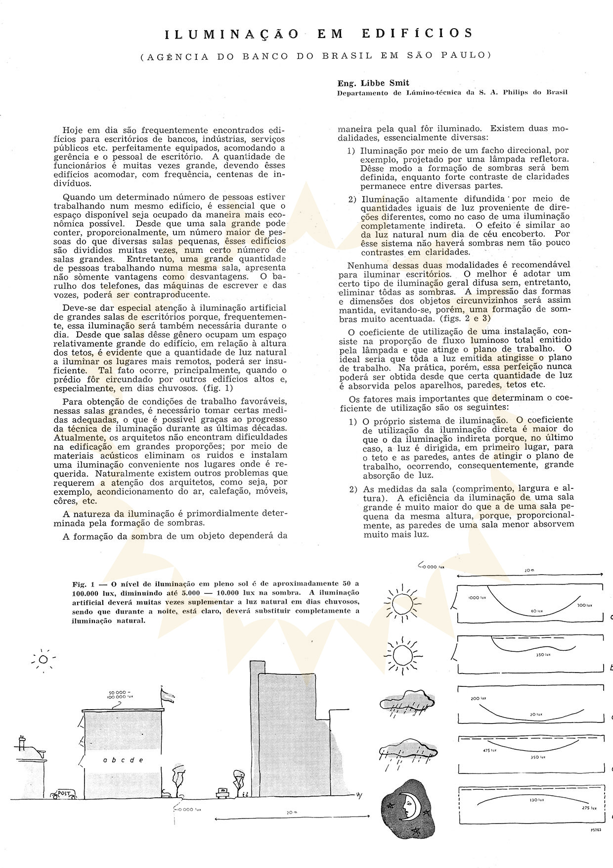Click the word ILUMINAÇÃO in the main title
coord(231,34)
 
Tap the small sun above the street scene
coord(44,659)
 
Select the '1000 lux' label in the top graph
coord(475,598)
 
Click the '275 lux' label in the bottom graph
coord(590,807)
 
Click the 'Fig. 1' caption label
coord(80,583)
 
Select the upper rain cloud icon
coord(405,702)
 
